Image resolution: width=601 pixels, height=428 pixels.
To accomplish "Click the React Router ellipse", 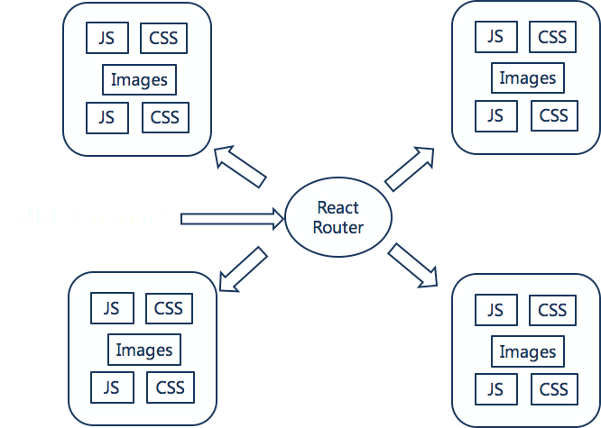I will (337, 217).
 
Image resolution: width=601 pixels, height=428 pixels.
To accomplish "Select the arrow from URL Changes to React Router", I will (233, 217).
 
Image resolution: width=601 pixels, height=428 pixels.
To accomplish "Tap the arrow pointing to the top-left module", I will (239, 167).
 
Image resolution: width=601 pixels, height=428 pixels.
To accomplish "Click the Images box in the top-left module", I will (139, 79).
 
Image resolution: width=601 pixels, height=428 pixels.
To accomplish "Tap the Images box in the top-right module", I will (528, 77).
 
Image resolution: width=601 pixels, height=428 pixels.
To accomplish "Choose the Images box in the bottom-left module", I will (144, 350).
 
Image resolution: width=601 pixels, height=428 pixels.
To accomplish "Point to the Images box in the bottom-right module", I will (528, 351).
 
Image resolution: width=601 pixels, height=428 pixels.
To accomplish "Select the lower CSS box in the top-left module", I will (165, 117).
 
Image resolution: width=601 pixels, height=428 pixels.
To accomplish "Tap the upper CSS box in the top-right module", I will (552, 37).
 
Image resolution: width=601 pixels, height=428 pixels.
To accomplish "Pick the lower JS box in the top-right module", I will (495, 115).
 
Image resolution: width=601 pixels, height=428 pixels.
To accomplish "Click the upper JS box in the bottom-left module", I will (112, 308).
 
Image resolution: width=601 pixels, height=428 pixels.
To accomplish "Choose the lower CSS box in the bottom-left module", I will (170, 388).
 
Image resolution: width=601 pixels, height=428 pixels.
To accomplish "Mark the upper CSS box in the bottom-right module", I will (552, 311).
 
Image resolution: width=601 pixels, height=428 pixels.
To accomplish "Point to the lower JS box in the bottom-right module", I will (495, 390).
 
